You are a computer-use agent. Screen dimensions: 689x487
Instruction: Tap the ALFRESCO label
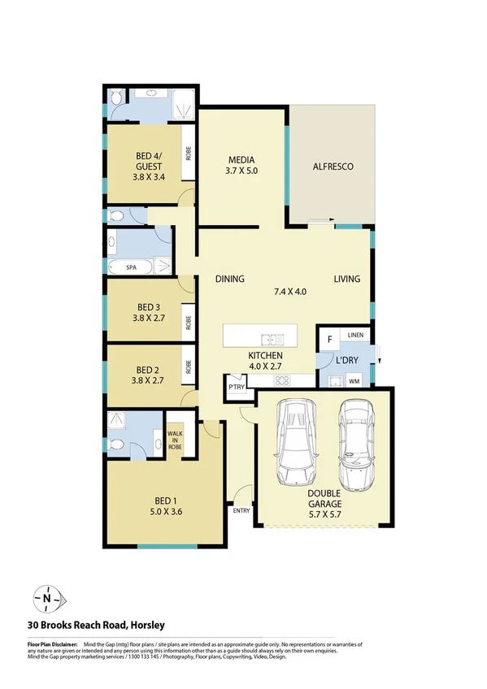(x=333, y=167)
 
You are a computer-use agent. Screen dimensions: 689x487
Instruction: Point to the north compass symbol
(x=47, y=599)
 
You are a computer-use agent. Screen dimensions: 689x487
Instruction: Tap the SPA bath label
(x=131, y=266)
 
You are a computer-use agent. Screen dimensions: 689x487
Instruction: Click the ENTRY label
(x=241, y=511)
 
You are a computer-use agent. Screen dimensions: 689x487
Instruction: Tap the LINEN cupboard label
(x=355, y=335)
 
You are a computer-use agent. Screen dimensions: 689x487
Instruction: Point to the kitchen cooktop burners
(x=282, y=379)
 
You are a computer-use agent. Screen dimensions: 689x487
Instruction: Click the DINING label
(x=230, y=279)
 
